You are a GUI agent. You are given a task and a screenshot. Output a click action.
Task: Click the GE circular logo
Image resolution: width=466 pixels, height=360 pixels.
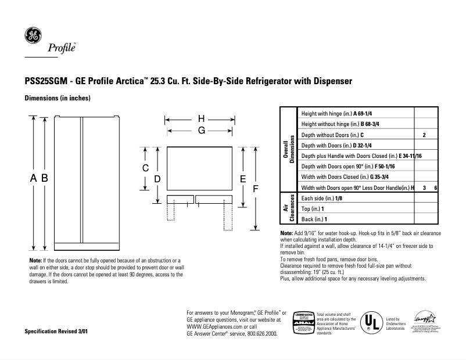(33, 35)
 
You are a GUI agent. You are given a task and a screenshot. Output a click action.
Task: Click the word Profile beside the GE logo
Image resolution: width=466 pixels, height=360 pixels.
(62, 48)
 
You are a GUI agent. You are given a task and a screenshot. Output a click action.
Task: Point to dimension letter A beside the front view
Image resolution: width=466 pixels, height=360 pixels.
(34, 179)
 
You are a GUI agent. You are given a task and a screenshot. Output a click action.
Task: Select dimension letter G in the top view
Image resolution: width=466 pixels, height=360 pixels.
(202, 131)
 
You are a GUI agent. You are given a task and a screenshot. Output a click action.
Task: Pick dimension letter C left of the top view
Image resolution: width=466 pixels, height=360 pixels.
(146, 168)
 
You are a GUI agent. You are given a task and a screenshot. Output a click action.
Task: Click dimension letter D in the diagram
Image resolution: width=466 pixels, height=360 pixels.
(157, 179)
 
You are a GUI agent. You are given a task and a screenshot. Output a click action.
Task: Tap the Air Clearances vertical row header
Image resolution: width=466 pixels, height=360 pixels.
(288, 208)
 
